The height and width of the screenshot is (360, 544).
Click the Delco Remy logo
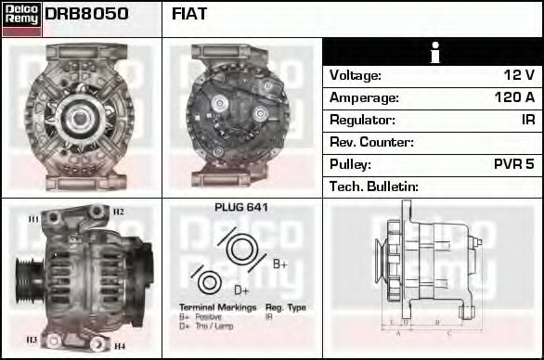pyautogui.click(x=21, y=18)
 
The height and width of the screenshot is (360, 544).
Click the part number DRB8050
pyautogui.click(x=86, y=14)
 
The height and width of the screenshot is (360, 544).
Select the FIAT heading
pyautogui.click(x=189, y=14)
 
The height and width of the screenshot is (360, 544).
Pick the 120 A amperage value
pyautogui.click(x=514, y=97)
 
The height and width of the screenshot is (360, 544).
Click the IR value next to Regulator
pyautogui.click(x=527, y=120)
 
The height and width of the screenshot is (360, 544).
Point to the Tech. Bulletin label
pyautogui.click(x=374, y=186)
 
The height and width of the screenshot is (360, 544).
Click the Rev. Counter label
pyautogui.click(x=371, y=142)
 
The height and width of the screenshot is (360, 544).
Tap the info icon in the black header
pyautogui.click(x=434, y=53)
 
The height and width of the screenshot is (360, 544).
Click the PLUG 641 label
pyautogui.click(x=240, y=208)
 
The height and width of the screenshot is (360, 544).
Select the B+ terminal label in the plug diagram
pyautogui.click(x=280, y=264)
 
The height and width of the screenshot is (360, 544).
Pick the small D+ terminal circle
pyautogui.click(x=211, y=282)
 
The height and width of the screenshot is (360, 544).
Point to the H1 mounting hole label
pyautogui.click(x=33, y=219)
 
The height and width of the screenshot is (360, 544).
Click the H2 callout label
pyautogui.click(x=118, y=212)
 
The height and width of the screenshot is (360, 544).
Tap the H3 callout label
pyautogui.click(x=32, y=340)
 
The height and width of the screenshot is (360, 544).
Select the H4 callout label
pyautogui.click(x=119, y=346)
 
